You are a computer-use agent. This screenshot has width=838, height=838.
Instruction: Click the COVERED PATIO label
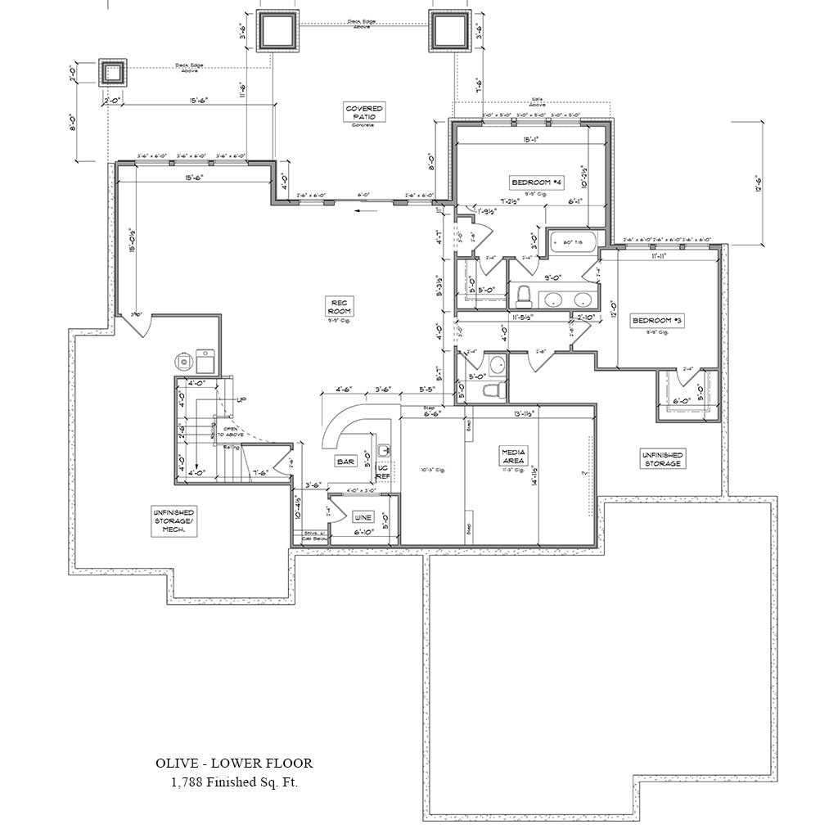pyautogui.click(x=363, y=112)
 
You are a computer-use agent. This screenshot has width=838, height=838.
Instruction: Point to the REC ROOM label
pyautogui.click(x=339, y=307)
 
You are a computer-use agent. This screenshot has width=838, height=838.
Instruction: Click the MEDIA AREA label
pyautogui.click(x=513, y=456)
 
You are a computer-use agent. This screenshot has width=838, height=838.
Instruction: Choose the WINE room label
pyautogui.click(x=363, y=518)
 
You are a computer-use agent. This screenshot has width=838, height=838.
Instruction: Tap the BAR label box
pyautogui.click(x=345, y=462)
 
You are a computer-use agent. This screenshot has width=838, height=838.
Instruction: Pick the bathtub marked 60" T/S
pyautogui.click(x=574, y=242)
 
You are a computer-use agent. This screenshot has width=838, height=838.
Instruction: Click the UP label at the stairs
pyautogui.click(x=241, y=399)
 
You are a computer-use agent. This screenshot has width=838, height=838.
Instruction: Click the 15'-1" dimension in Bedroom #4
pyautogui.click(x=534, y=139)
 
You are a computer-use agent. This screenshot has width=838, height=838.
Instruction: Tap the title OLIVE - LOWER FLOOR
pyautogui.click(x=234, y=763)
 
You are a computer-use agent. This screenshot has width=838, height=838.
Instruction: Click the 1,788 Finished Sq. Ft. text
pyautogui.click(x=234, y=783)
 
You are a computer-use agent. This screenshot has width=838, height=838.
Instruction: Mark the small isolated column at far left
pyautogui.click(x=113, y=73)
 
